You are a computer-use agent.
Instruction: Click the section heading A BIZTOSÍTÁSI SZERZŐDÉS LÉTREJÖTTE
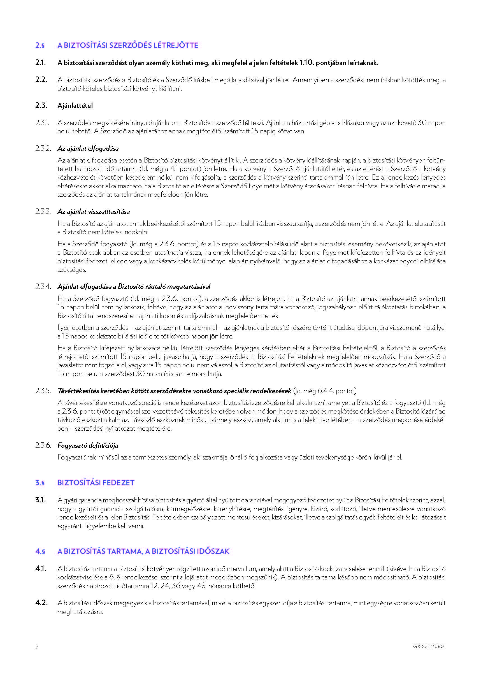pos(128,45)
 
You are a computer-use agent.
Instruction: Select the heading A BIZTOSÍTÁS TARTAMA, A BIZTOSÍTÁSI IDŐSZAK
pos(143,551)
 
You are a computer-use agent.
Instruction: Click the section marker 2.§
pos(40,45)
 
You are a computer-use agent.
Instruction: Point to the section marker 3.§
pos(40,482)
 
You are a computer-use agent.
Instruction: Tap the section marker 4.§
pos(40,551)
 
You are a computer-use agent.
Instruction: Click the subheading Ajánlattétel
pos(75,105)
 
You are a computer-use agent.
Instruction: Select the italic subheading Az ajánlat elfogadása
pos(88,148)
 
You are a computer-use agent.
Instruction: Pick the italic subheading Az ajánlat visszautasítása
pos(94,212)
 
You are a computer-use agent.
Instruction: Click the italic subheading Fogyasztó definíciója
pos(88,445)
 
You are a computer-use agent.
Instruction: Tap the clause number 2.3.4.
pos(43,286)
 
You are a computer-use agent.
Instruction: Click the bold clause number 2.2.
pos(41,80)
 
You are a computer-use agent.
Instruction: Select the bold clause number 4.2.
pos(41,603)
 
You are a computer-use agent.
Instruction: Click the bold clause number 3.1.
pos(41,500)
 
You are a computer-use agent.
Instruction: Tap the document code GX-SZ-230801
pos(429,647)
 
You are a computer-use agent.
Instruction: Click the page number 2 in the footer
pos(37,647)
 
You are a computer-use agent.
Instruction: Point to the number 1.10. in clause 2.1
pos(307,63)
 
